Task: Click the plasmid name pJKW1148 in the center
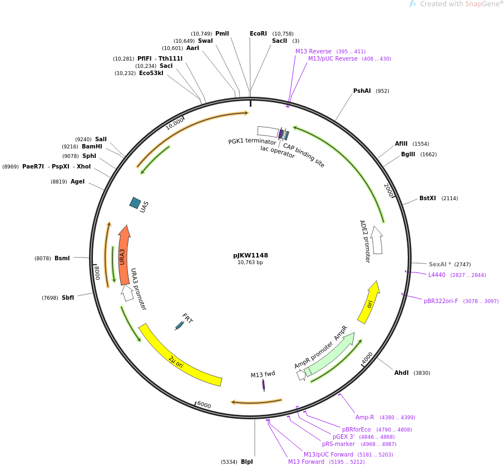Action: click(x=250, y=256)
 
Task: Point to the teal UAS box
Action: click(x=135, y=203)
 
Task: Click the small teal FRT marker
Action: click(x=179, y=325)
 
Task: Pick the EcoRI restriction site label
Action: click(x=258, y=34)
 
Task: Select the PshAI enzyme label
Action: click(x=362, y=91)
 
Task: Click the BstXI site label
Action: click(x=427, y=199)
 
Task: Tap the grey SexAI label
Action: click(x=439, y=264)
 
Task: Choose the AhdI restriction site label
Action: click(x=402, y=373)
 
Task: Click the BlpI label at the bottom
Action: click(x=246, y=462)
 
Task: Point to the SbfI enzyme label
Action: click(x=68, y=298)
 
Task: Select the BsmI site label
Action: click(x=62, y=258)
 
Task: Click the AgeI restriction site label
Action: click(x=77, y=181)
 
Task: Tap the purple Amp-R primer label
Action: click(x=364, y=418)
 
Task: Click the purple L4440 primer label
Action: click(x=437, y=275)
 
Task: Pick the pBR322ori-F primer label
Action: click(x=441, y=301)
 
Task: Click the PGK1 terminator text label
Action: click(x=252, y=142)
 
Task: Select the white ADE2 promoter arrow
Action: click(x=377, y=240)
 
